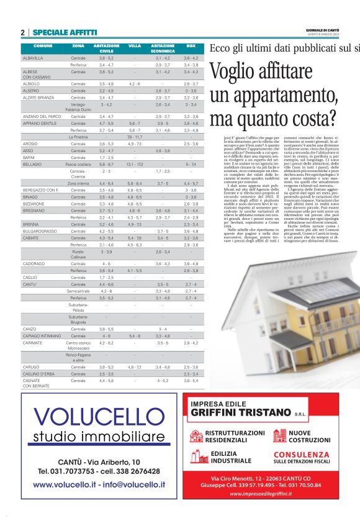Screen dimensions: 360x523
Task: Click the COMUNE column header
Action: [43, 46]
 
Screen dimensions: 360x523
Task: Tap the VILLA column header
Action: [135, 46]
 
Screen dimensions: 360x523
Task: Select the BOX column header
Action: [191, 46]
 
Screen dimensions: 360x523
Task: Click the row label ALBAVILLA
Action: [33, 58]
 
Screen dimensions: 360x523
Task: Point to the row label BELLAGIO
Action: [32, 164]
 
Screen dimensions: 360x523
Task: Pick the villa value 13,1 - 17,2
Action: [135, 164]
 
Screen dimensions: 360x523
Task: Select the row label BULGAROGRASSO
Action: [39, 231]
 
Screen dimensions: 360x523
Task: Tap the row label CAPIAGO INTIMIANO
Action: [42, 335]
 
